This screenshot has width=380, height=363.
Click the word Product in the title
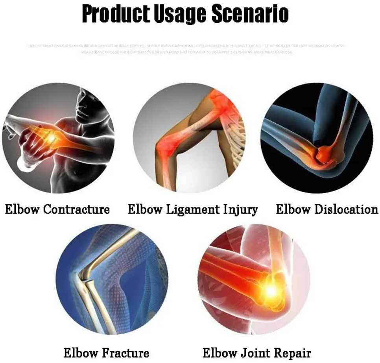click(114, 14)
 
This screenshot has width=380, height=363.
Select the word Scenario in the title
click(250, 14)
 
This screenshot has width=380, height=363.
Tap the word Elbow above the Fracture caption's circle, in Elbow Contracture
click(22, 209)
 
